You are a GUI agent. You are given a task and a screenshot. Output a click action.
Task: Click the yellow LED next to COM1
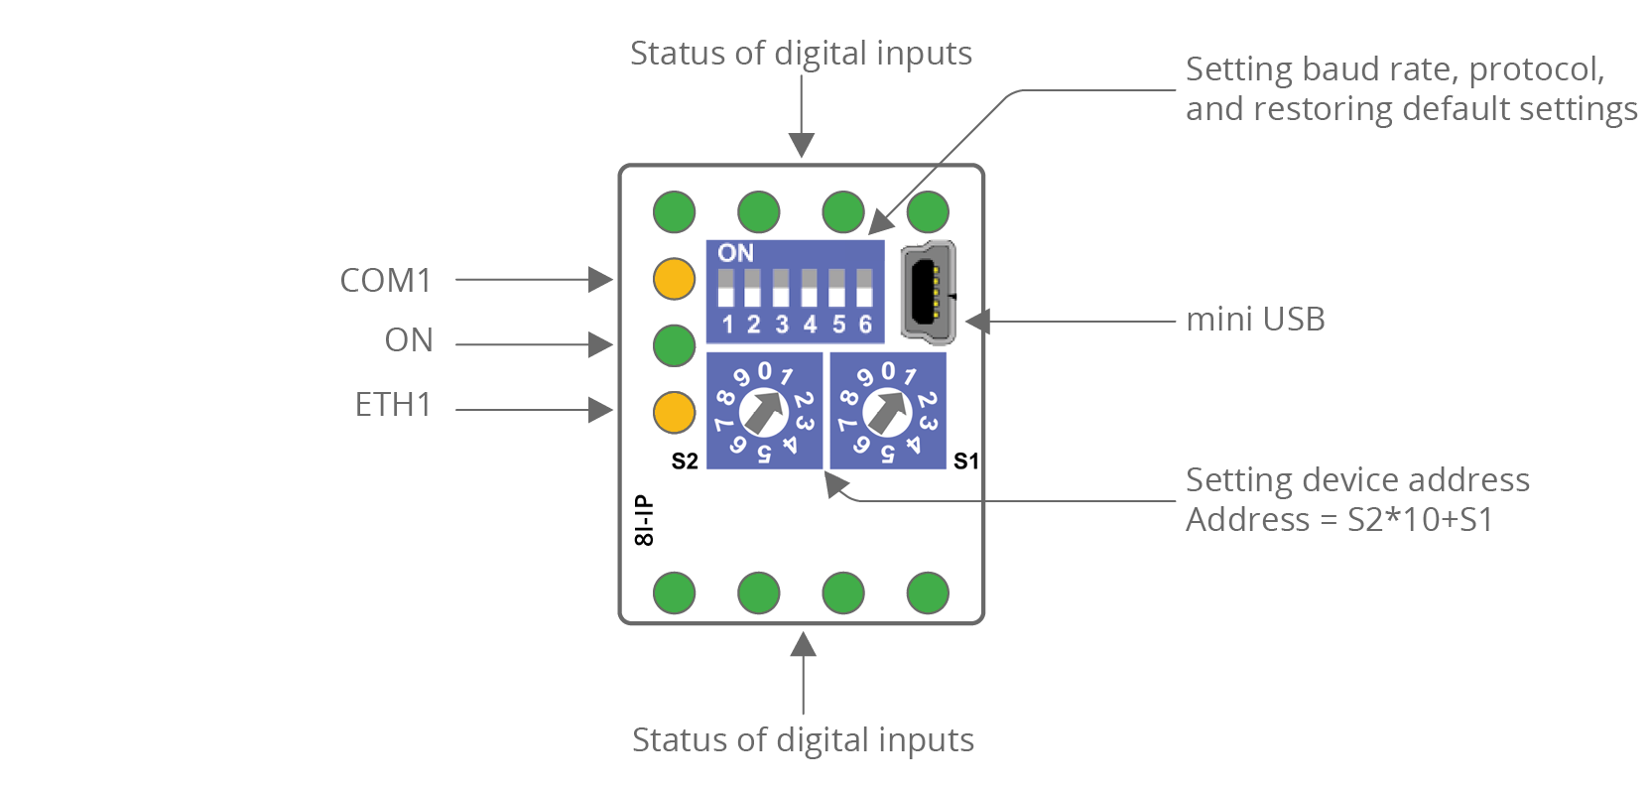click(674, 279)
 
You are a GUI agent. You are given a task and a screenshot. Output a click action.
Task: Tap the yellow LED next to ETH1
click(674, 412)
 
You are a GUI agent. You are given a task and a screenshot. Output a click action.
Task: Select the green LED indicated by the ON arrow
click(674, 345)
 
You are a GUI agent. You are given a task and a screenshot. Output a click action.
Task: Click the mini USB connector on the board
click(929, 293)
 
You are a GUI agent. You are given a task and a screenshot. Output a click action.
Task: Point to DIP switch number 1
click(725, 288)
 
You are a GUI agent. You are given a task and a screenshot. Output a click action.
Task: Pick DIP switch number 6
click(864, 288)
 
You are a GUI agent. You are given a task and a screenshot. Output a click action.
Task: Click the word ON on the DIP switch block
click(735, 253)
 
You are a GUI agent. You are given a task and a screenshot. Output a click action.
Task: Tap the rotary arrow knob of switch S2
click(764, 411)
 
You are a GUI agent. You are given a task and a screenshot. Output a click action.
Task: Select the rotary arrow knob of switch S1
click(887, 411)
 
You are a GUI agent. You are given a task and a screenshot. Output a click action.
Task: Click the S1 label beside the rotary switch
click(965, 461)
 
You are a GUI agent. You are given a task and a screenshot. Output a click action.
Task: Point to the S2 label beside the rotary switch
click(685, 461)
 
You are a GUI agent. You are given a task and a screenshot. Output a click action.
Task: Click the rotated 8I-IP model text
click(644, 520)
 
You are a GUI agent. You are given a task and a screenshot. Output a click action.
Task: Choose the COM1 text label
click(386, 280)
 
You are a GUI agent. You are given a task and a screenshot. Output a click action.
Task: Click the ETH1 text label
click(393, 405)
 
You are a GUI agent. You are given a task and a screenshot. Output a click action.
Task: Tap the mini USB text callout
click(1255, 320)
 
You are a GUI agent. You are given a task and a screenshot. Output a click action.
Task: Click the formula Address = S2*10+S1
click(1339, 520)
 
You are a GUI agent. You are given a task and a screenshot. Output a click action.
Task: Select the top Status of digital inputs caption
click(801, 53)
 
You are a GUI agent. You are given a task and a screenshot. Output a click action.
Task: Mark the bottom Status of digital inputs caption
click(803, 739)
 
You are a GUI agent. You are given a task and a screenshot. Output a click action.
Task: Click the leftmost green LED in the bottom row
click(674, 593)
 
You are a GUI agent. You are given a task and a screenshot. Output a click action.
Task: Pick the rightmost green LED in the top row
click(928, 211)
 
